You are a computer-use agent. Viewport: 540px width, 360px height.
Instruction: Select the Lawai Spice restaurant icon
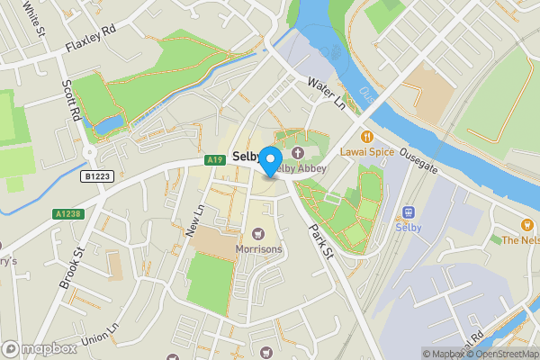click(367, 137)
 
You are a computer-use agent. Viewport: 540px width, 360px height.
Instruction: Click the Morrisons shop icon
click(259, 234)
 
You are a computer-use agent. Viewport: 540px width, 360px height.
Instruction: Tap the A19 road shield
click(213, 160)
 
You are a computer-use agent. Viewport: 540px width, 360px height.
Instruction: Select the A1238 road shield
click(67, 214)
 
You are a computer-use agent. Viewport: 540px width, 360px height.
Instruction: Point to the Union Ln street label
click(99, 335)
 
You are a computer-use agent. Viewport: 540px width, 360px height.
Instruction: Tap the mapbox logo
click(40, 348)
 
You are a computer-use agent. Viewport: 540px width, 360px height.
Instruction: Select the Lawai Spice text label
click(367, 152)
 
